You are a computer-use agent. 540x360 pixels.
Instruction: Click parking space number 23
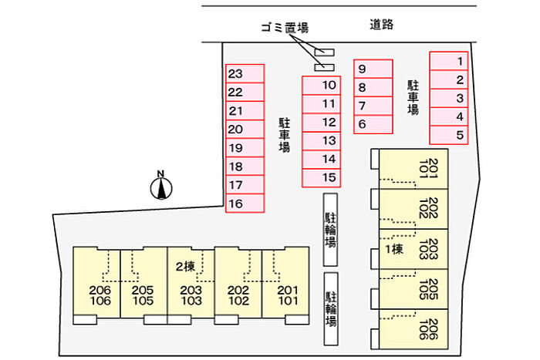[x=245, y=74]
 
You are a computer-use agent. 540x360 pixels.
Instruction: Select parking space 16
[x=245, y=204]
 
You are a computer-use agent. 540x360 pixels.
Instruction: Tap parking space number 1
[x=449, y=61]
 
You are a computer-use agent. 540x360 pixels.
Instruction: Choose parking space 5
[x=449, y=135]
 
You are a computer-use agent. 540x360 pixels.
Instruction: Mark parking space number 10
[x=320, y=85]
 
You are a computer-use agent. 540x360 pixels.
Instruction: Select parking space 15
[x=320, y=178]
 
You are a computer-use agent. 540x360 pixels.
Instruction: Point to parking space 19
[x=245, y=148]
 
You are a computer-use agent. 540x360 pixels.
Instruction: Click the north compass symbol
[x=161, y=186]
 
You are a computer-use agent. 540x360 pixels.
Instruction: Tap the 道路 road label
[x=381, y=25]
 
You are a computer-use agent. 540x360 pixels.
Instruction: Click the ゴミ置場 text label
[x=284, y=28]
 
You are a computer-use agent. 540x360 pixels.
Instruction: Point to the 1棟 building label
[x=394, y=249]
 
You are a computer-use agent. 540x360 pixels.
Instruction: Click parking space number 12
[x=320, y=122]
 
